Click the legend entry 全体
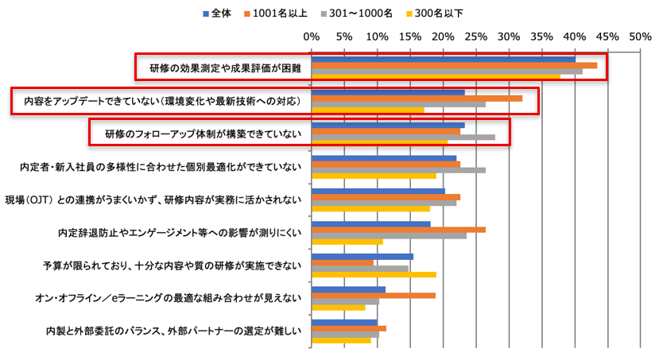(221, 13)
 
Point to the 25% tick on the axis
(475, 37)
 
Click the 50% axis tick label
(640, 37)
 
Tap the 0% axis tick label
(312, 37)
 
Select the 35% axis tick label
(541, 37)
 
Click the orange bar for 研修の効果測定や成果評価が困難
(454, 65)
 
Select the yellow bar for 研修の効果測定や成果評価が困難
(436, 77)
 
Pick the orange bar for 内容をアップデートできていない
(417, 98)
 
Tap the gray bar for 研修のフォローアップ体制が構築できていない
(403, 137)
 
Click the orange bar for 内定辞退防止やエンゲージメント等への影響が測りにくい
(398, 230)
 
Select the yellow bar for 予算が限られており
(374, 274)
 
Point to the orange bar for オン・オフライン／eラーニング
(373, 295)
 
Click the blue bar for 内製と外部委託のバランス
(344, 322)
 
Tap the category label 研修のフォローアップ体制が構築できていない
(203, 134)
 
